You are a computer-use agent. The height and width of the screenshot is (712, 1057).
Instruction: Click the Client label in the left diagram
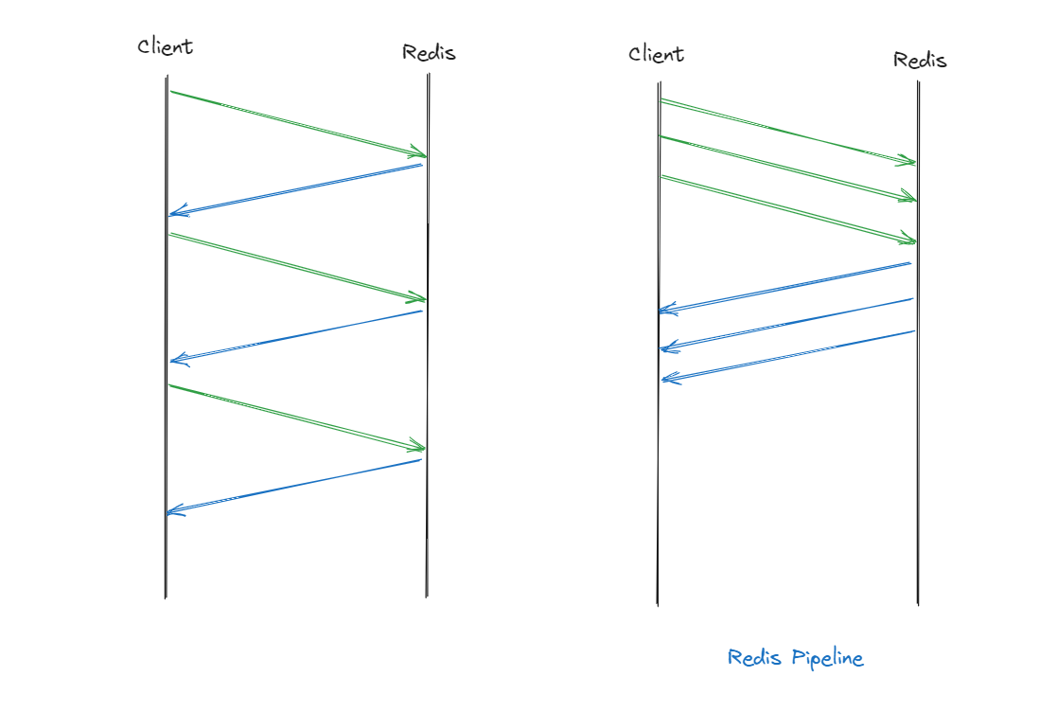tap(166, 45)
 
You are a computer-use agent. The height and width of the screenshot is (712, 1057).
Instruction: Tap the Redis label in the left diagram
tap(429, 52)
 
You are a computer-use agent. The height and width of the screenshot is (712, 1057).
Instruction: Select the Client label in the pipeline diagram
tap(656, 53)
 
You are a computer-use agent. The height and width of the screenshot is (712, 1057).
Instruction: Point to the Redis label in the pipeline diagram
tap(920, 60)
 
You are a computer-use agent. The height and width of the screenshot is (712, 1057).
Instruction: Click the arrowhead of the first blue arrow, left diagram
tap(172, 214)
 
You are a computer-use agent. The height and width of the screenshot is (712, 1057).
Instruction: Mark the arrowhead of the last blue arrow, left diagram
tap(171, 512)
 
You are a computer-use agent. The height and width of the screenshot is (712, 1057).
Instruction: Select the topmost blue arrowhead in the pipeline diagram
tap(663, 310)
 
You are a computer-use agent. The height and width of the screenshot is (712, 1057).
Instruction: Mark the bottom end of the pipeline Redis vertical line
tap(918, 604)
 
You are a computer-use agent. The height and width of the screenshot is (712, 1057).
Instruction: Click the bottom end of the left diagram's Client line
tap(166, 597)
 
